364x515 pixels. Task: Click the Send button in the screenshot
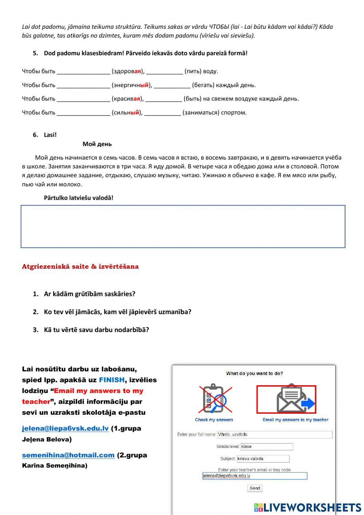[255, 488]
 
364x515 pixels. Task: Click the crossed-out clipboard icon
[214, 399]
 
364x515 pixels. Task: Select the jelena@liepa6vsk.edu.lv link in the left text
[65, 429]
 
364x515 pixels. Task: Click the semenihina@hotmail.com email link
[68, 455]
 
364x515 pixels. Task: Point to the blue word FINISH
[112, 380]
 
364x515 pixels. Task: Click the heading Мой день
[97, 144]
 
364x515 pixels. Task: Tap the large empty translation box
[183, 226]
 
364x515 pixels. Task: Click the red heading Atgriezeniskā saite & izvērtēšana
[80, 266]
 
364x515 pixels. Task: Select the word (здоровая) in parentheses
[128, 71]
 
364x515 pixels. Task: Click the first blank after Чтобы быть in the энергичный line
[83, 85]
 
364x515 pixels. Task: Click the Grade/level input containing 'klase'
[266, 446]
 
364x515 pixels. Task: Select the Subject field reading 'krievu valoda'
[263, 459]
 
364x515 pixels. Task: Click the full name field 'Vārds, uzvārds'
[274, 434]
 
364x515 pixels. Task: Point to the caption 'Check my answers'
[214, 420]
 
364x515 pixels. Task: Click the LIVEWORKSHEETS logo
[307, 507]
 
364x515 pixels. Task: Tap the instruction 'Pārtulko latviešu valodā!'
[79, 198]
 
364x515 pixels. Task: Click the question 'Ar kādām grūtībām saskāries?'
[90, 294]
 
